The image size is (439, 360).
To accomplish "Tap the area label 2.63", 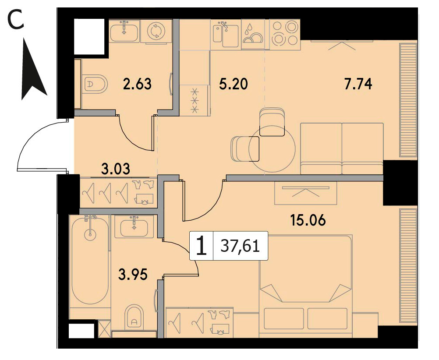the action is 137,84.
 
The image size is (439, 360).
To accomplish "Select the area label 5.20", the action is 234,84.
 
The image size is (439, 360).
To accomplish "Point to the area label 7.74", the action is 358,84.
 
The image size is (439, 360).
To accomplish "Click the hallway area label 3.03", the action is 116,169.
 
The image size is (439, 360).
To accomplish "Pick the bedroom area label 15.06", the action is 308,220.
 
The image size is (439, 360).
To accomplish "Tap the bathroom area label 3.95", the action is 133,275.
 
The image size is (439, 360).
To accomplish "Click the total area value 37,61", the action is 240,246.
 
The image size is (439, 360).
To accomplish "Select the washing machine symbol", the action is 155,31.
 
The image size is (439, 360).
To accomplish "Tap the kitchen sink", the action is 226,34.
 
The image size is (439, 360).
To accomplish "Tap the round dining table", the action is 272,148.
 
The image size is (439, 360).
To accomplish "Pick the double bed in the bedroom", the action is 306,284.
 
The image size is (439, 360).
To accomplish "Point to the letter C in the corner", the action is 16,20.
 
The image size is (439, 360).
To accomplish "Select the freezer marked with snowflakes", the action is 195,101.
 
